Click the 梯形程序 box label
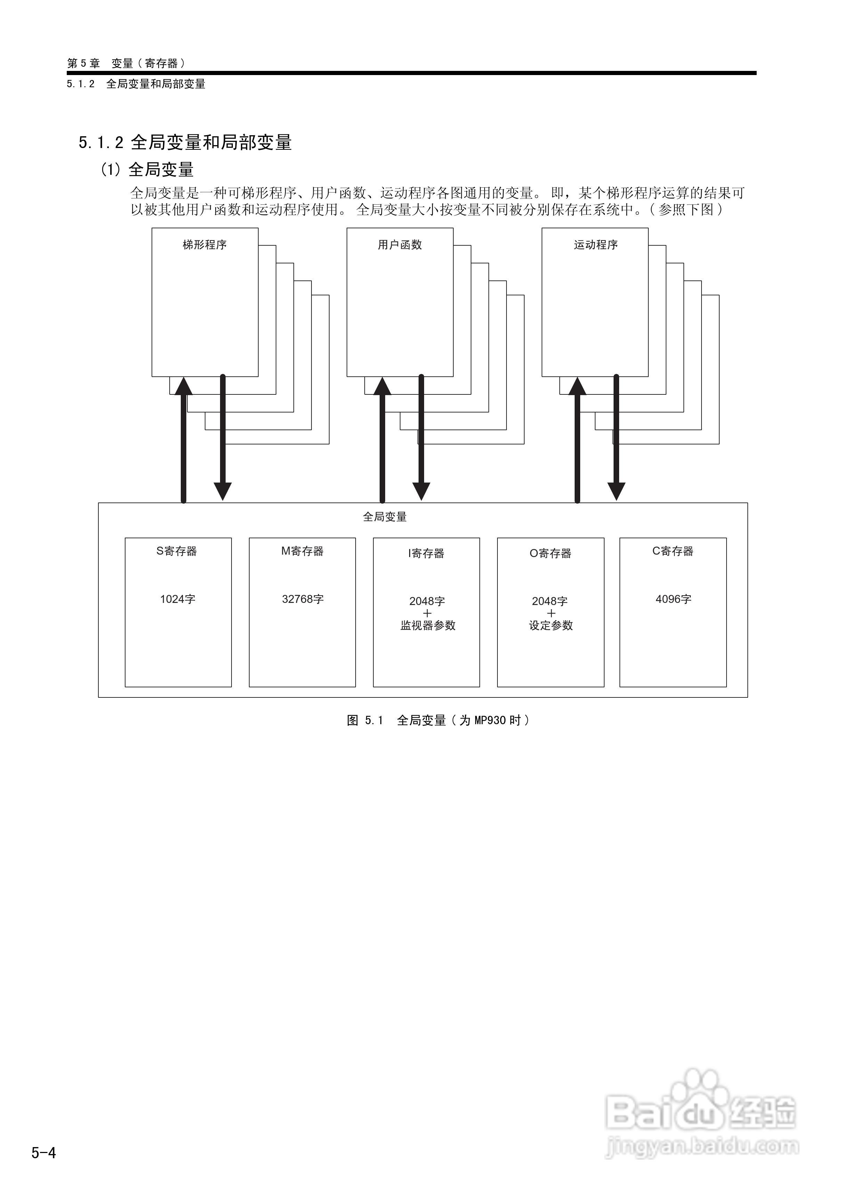point(204,245)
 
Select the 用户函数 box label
point(400,245)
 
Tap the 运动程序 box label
point(595,245)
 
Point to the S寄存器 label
point(177,551)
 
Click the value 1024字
point(178,599)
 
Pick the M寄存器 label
point(302,551)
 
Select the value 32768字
point(303,599)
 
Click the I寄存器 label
point(426,553)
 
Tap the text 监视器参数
point(428,625)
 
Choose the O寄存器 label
point(550,553)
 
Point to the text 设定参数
point(551,625)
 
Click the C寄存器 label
point(673,551)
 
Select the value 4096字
point(673,599)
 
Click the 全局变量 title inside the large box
point(384,517)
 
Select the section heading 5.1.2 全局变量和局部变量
point(185,142)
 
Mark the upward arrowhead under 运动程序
point(577,386)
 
